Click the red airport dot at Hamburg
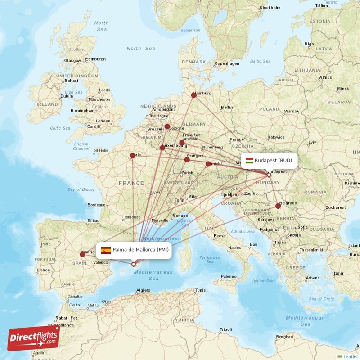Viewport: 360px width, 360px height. click(x=194, y=95)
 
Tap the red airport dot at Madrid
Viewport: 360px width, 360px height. click(x=82, y=254)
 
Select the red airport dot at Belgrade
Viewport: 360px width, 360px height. click(x=278, y=206)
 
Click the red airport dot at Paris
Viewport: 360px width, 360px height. click(x=132, y=156)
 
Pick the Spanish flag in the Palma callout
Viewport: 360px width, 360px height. click(x=106, y=250)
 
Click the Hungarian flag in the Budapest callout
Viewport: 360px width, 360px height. click(x=249, y=160)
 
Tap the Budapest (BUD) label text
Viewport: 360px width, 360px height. click(x=273, y=160)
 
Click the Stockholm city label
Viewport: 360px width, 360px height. click(x=270, y=8)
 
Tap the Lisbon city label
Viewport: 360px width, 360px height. click(x=44, y=270)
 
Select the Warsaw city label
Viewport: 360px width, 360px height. click(x=292, y=111)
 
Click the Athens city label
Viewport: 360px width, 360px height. click(x=313, y=278)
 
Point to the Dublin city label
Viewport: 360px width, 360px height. click(x=67, y=96)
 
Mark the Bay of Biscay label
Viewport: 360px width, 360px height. click(x=81, y=189)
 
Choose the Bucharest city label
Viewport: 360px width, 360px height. click(x=336, y=207)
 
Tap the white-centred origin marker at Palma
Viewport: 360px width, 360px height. click(x=133, y=264)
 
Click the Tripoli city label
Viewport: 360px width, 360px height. click(x=225, y=330)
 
